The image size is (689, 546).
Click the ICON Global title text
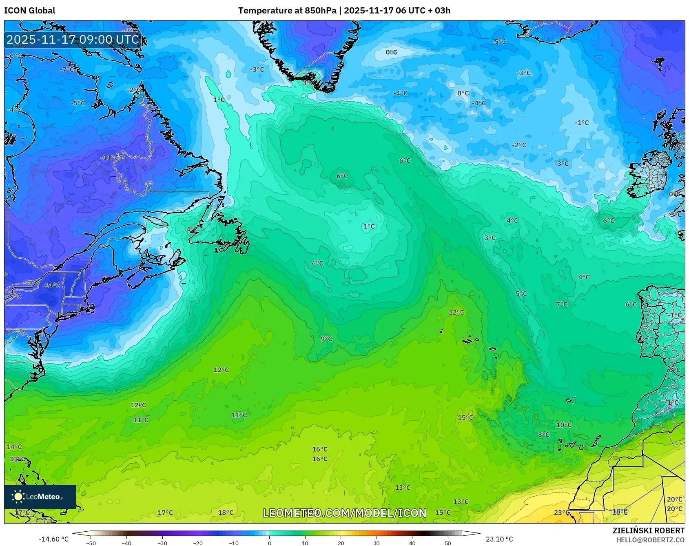tap(29, 11)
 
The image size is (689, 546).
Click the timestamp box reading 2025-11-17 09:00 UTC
tap(73, 40)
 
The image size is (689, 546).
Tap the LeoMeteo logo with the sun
tap(40, 497)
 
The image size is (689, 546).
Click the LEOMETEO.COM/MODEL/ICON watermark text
tap(345, 513)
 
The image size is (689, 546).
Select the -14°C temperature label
tap(51, 285)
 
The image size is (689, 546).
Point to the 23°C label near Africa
tap(561, 513)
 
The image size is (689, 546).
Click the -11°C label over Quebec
tap(110, 157)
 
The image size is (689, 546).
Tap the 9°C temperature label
tap(326, 339)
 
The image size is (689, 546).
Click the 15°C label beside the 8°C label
tap(465, 417)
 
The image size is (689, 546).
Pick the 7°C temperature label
tap(562, 304)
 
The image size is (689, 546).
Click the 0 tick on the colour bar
tap(269, 543)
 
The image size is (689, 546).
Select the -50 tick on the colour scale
tap(91, 543)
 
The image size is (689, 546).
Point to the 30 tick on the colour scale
tap(376, 543)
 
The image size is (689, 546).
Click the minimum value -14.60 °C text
tap(53, 539)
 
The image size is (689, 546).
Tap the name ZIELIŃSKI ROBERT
tap(648, 530)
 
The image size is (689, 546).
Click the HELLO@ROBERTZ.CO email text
tap(650, 540)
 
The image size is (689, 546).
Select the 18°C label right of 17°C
tap(226, 513)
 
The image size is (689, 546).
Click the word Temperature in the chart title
tap(260, 11)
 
